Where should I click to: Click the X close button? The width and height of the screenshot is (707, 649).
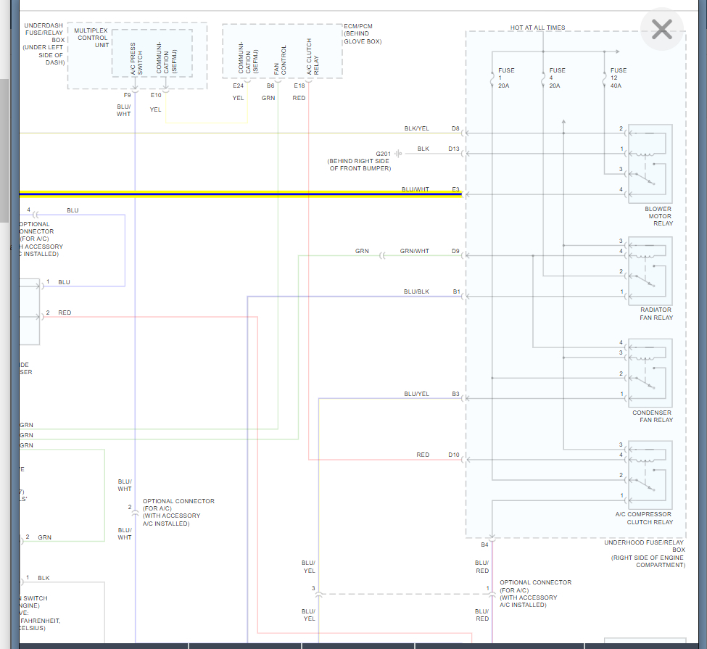click(x=661, y=29)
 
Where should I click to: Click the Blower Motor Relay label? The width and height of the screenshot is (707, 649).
click(x=658, y=216)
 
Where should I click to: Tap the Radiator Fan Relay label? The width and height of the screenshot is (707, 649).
click(x=656, y=313)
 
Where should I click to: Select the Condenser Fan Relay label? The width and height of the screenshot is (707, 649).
click(x=652, y=416)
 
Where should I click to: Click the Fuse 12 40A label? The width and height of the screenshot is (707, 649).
click(x=617, y=78)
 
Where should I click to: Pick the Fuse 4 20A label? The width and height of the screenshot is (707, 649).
click(x=556, y=78)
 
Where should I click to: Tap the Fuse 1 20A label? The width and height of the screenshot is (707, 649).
click(x=505, y=78)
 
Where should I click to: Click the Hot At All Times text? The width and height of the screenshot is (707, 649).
click(x=537, y=28)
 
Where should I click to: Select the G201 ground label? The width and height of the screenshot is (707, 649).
click(x=383, y=154)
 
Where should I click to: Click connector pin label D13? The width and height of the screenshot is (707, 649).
click(x=453, y=149)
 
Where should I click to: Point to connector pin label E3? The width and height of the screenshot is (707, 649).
click(x=455, y=189)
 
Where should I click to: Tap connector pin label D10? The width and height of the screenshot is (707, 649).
click(x=453, y=455)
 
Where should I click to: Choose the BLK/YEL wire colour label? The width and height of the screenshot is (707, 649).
click(x=416, y=128)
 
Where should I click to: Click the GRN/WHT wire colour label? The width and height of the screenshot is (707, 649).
click(x=414, y=251)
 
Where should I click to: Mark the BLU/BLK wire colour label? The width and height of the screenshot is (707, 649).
click(x=416, y=292)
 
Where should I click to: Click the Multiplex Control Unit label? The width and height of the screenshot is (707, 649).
click(x=91, y=38)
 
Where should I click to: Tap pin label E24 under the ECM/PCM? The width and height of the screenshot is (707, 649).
click(x=238, y=86)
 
